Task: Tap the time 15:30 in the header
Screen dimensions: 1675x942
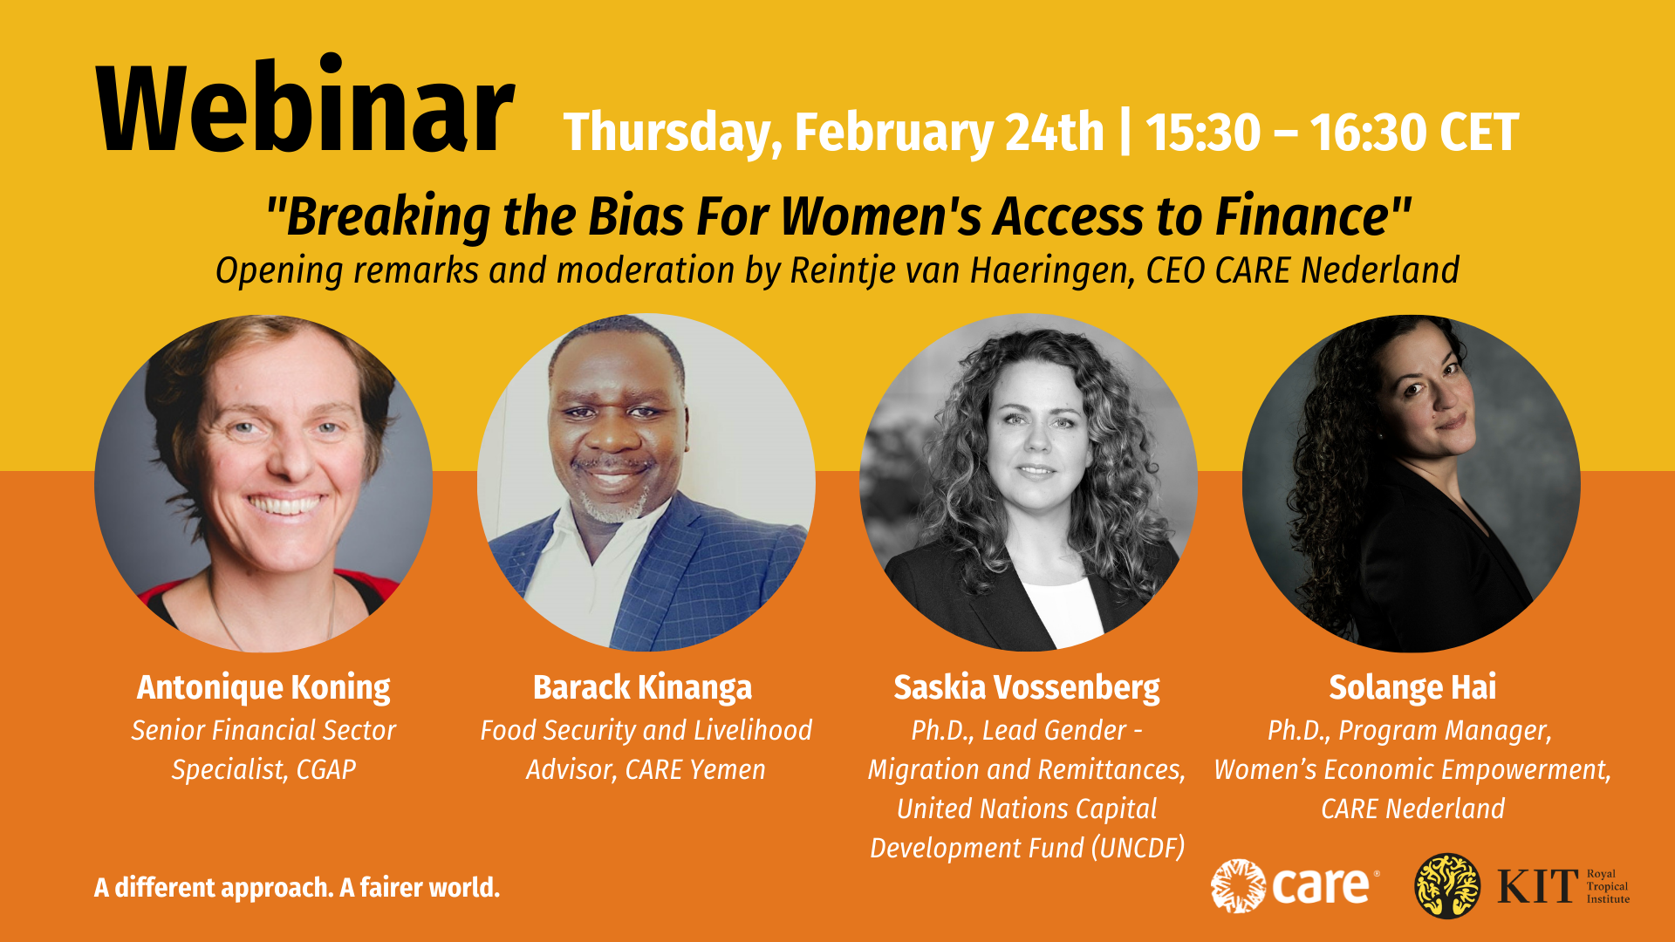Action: click(1203, 133)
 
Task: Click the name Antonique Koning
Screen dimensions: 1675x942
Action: click(263, 687)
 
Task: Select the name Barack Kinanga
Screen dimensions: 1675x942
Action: click(643, 687)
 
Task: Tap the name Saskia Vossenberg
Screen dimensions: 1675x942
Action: click(1027, 687)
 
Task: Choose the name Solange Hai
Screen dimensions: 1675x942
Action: click(1412, 687)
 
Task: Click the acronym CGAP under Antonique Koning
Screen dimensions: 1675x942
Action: click(326, 769)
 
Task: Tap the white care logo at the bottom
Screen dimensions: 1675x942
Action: click(1295, 886)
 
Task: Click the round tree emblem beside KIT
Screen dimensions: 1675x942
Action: click(1447, 886)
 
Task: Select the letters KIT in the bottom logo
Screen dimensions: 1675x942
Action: click(1538, 886)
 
